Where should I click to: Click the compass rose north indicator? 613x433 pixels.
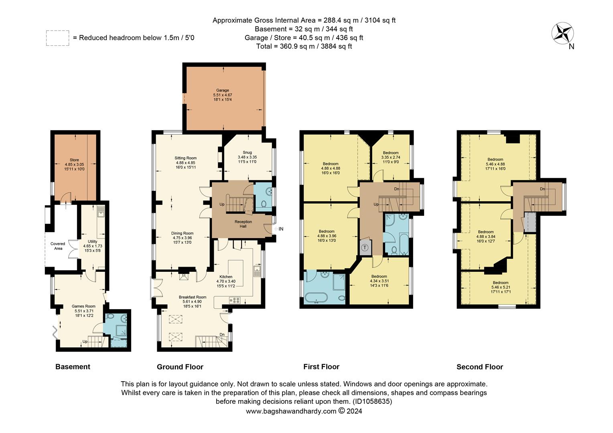coord(562,34)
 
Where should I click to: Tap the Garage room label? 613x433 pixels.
coord(223,91)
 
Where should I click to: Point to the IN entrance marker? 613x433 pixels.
coord(281,229)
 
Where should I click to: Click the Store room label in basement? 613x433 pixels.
coord(74,160)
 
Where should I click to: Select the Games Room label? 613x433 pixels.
coord(85,306)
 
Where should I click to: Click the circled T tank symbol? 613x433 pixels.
coord(365,247)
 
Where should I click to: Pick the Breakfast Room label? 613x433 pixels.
coord(193,297)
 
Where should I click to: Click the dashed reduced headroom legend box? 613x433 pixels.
coord(57,38)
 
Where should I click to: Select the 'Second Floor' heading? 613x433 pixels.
coord(479,367)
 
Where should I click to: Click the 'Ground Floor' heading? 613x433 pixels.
coord(180,367)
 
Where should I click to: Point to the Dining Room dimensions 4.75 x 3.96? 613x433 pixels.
coord(183,238)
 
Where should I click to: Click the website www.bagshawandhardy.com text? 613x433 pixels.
coord(291,411)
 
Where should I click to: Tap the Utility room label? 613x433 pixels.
coord(93,241)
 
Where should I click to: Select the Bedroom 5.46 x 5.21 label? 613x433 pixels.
coord(500,283)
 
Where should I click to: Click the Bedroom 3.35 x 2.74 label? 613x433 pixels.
coord(390,153)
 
